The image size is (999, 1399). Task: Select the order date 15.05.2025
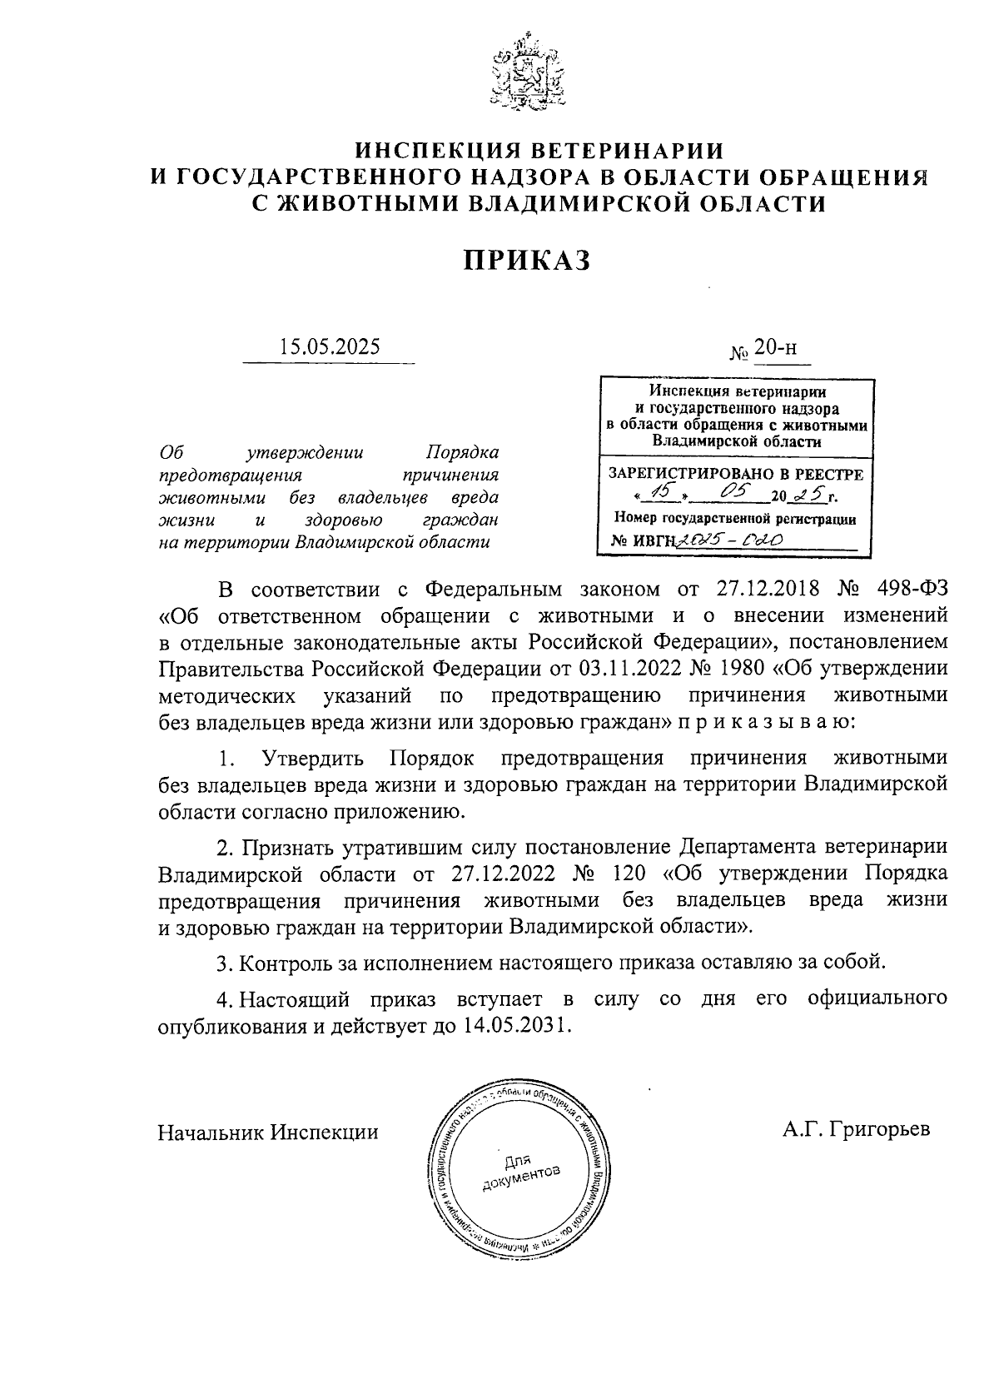point(330,346)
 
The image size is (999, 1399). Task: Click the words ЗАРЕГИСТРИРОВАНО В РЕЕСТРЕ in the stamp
point(737,475)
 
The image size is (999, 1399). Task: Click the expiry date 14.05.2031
point(510,1025)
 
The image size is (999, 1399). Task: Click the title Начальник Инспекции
point(268,1133)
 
